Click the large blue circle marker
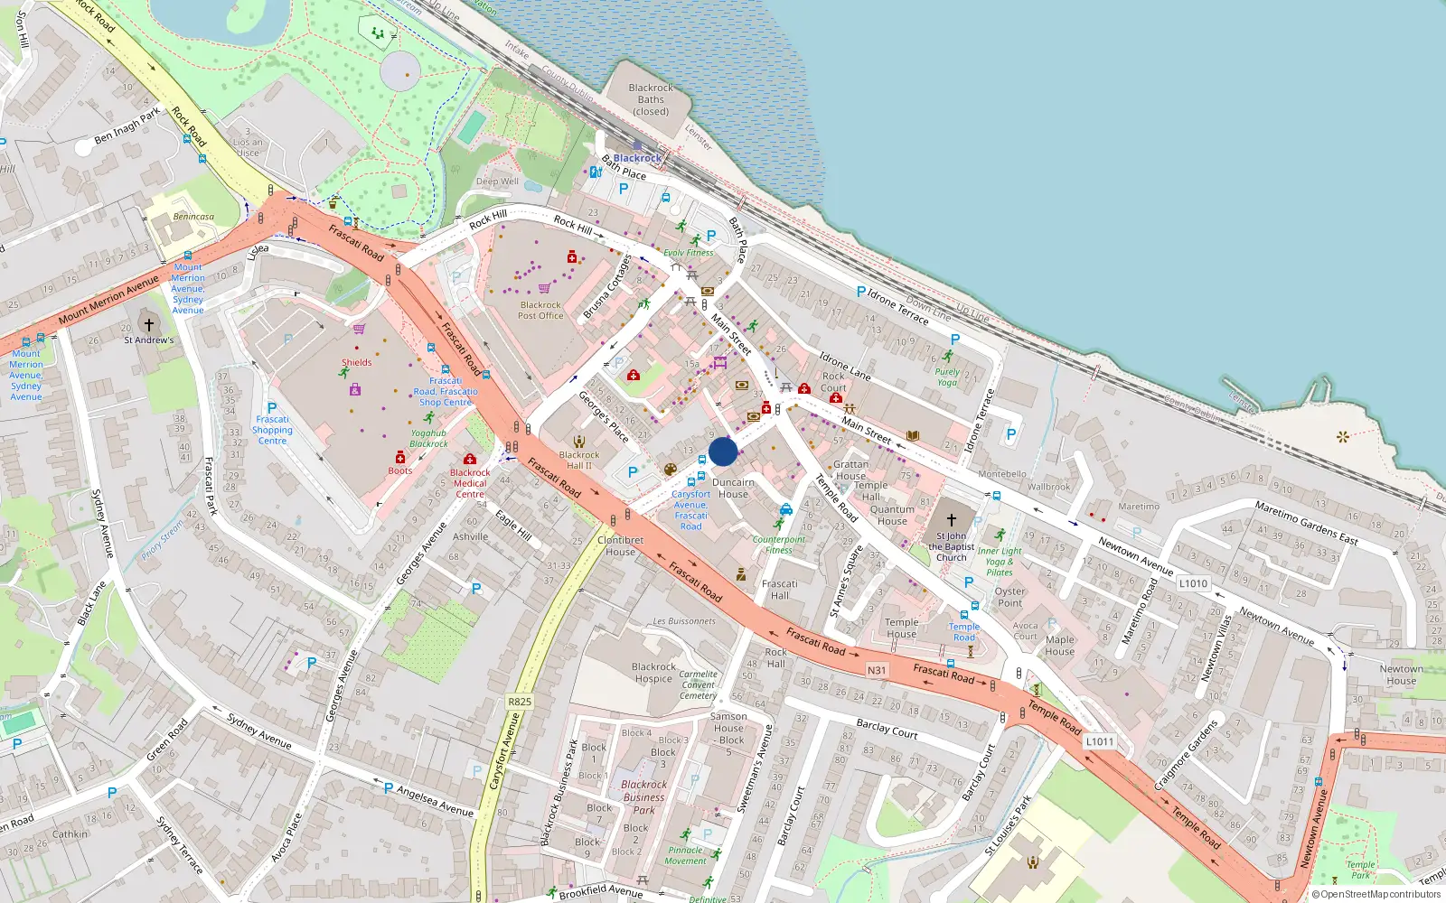pyautogui.click(x=723, y=451)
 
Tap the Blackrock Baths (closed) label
pyautogui.click(x=651, y=100)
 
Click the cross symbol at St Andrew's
pyautogui.click(x=149, y=324)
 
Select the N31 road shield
pyautogui.click(x=877, y=670)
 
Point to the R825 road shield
pyautogui.click(x=520, y=702)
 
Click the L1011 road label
pyautogui.click(x=1100, y=741)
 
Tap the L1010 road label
pyautogui.click(x=1193, y=583)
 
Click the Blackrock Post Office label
pyautogui.click(x=540, y=310)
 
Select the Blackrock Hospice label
pyautogui.click(x=653, y=673)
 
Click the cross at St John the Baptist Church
pyautogui.click(x=951, y=520)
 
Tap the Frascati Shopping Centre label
pyautogui.click(x=272, y=430)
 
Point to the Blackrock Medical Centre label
pyautogui.click(x=470, y=483)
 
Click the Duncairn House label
pyautogui.click(x=732, y=488)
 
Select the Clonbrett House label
pyautogui.click(x=620, y=545)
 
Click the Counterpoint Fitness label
pyautogui.click(x=778, y=545)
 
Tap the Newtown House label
pyautogui.click(x=1401, y=675)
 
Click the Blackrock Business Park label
pyautogui.click(x=643, y=796)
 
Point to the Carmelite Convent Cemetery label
pyautogui.click(x=698, y=684)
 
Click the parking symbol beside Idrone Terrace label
pyautogui.click(x=860, y=292)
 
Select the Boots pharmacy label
pyautogui.click(x=399, y=470)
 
